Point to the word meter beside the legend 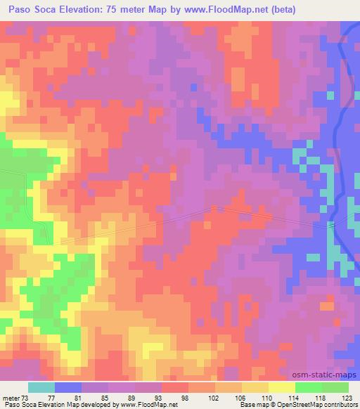tap(12, 397)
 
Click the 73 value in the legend tap(27, 397)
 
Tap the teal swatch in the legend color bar tap(41, 387)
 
